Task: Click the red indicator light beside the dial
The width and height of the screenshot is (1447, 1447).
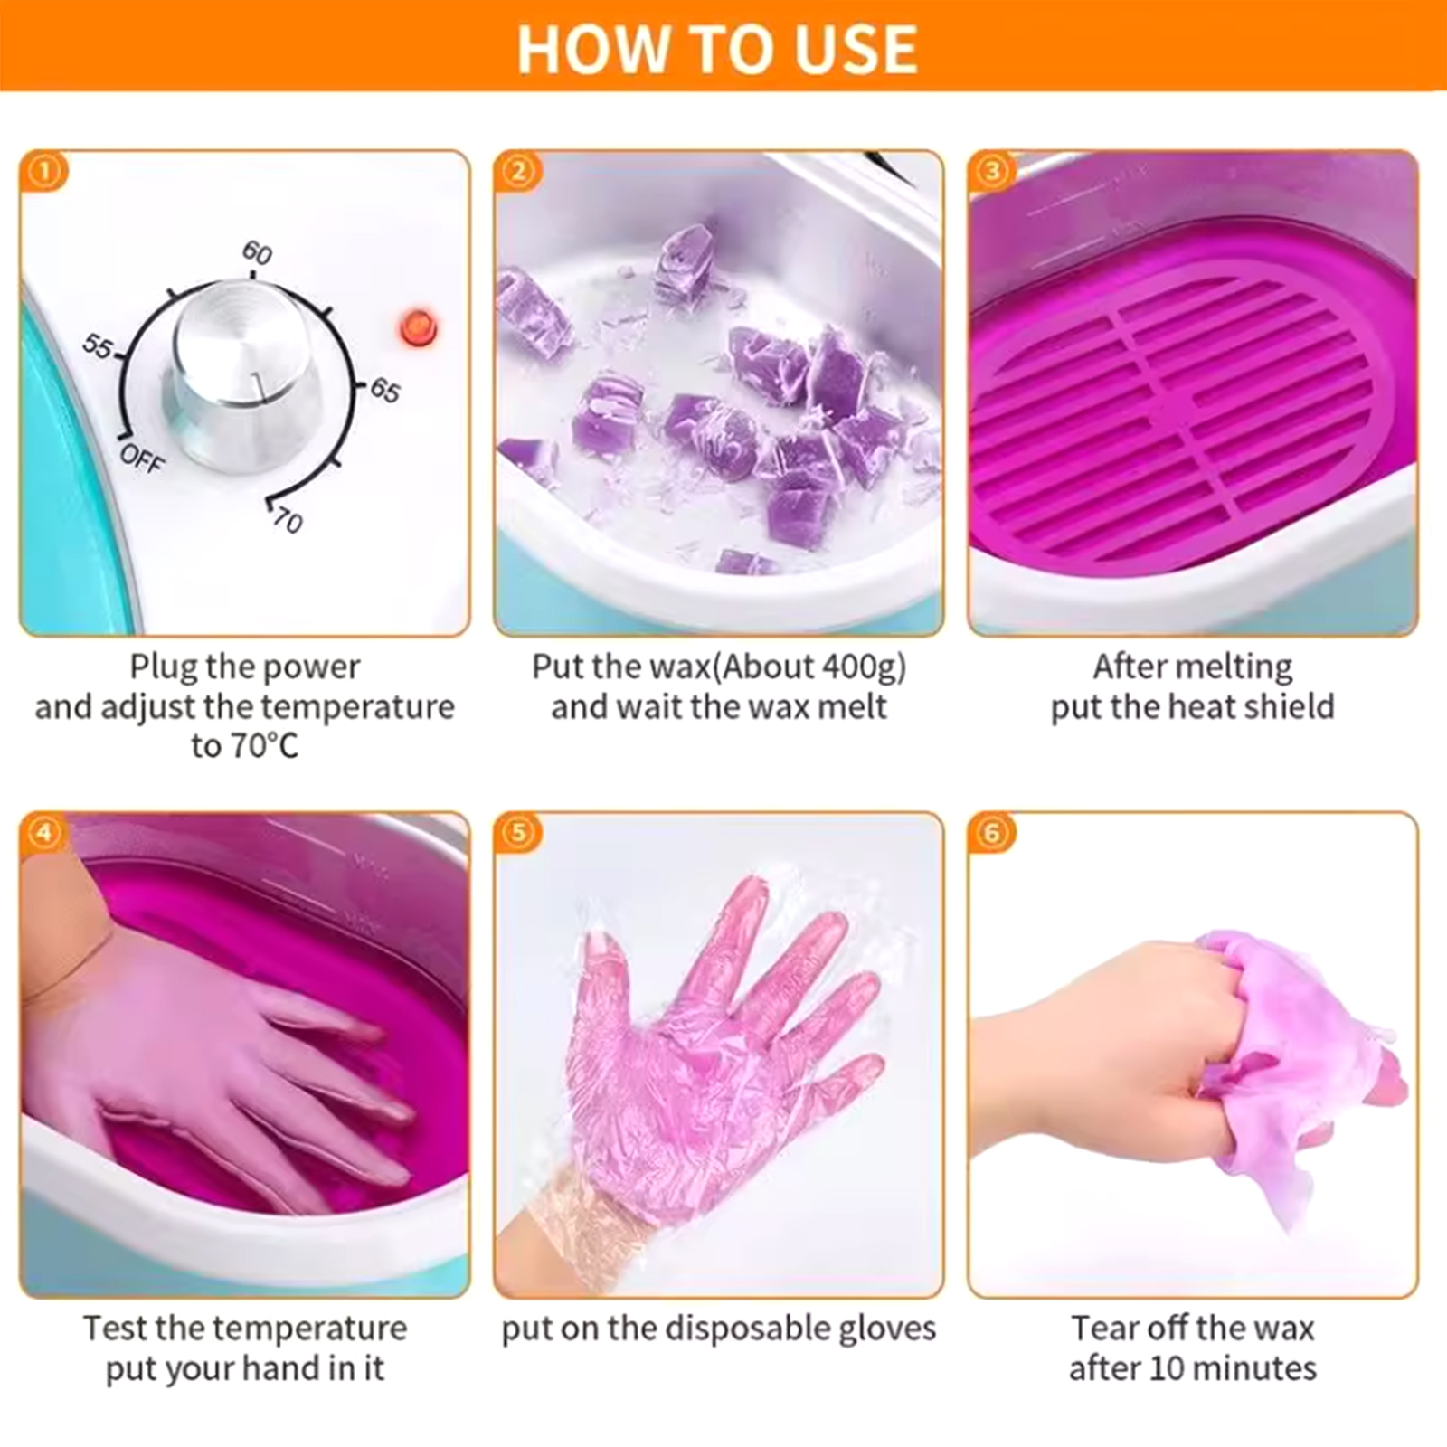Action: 418,327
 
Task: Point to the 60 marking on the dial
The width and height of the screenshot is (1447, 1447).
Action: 257,252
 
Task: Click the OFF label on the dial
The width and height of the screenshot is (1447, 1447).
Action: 142,458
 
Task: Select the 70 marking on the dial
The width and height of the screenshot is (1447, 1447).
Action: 288,521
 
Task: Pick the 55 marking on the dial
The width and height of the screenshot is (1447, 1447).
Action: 97,345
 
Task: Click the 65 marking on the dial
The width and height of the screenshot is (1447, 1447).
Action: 384,391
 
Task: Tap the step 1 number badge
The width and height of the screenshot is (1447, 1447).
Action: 43,171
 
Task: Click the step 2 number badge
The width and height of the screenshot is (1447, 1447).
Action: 517,171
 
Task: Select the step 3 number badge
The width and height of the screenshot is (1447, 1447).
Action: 991,171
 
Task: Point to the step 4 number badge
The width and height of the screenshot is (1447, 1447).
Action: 43,832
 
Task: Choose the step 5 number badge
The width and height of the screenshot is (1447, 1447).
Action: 517,832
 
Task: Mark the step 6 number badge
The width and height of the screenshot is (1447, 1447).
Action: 991,832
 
